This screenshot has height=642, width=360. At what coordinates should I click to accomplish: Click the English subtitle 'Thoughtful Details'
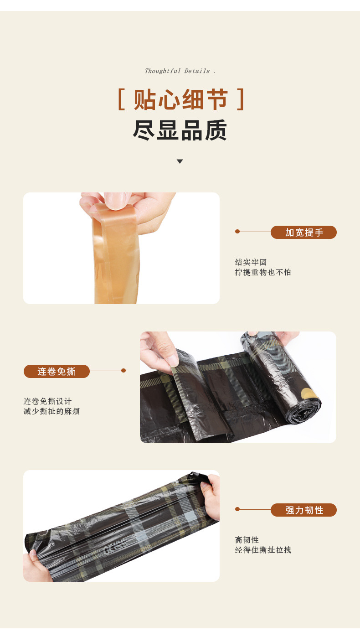[x=180, y=71]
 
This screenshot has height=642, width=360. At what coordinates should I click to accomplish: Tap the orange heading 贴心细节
[x=180, y=100]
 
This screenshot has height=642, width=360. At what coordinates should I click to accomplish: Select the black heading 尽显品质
[x=180, y=131]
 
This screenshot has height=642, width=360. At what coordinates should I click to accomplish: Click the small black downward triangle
[x=180, y=161]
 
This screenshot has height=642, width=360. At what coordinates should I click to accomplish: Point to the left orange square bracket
[x=121, y=100]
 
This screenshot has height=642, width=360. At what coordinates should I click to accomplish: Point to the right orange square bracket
[x=241, y=100]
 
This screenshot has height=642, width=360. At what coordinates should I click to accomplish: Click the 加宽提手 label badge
[x=303, y=233]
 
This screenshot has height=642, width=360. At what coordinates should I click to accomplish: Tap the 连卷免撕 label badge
[x=57, y=372]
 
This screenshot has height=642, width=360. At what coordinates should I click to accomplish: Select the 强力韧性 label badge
[x=303, y=510]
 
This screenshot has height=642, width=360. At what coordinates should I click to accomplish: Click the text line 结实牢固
[x=251, y=262]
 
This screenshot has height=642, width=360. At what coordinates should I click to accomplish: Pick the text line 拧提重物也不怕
[x=263, y=272]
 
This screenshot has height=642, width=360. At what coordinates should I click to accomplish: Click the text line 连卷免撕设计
[x=48, y=401]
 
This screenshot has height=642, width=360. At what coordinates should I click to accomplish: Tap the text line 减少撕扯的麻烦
[x=51, y=411]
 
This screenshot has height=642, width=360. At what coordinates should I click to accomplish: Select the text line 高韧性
[x=247, y=540]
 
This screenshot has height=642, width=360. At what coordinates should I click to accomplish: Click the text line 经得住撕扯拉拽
[x=263, y=550]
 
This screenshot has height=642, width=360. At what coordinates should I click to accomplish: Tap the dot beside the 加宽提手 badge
[x=237, y=232]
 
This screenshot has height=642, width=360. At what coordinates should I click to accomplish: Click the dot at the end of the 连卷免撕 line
[x=123, y=371]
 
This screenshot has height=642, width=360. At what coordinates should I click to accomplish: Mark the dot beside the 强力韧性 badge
[x=237, y=509]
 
